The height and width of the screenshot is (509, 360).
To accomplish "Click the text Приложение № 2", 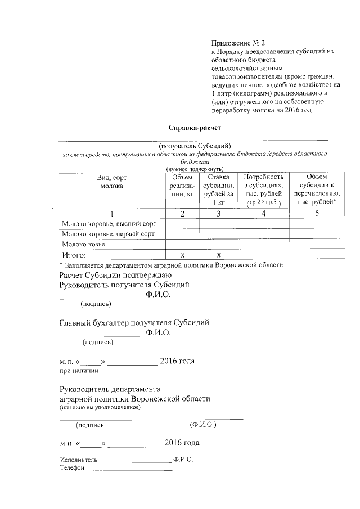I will pyautogui.click(x=237, y=43).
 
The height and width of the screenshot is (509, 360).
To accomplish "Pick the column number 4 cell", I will pyautogui.click(x=263, y=213).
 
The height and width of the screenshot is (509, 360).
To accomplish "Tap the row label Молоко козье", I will pyautogui.click(x=84, y=245).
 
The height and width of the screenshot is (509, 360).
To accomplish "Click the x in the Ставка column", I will pyautogui.click(x=218, y=255).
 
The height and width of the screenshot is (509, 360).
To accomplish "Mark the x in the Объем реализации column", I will pyautogui.click(x=182, y=255).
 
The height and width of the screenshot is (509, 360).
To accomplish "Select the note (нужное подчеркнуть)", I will pyautogui.click(x=195, y=169).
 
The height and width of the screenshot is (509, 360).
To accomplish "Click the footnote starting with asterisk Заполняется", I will pyautogui.click(x=171, y=264).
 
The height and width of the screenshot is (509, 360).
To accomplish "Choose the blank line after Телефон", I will pyautogui.click(x=129, y=469).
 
